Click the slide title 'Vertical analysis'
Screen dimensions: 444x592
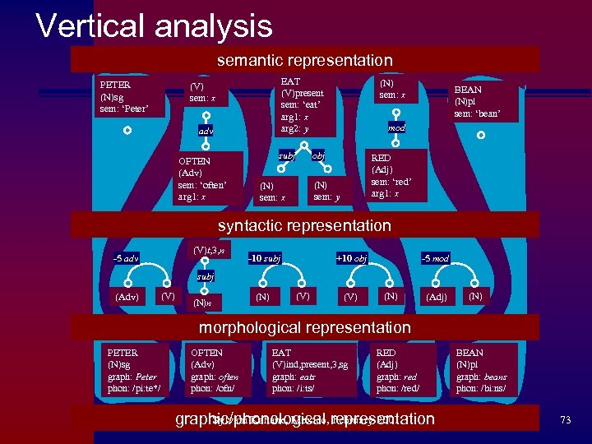(154, 25)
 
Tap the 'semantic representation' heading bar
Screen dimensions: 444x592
(304, 60)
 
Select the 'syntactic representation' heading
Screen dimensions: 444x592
(304, 224)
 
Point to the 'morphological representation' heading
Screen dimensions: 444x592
(304, 328)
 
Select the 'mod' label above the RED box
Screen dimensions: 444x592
(397, 128)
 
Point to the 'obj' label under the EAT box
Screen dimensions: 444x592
(318, 155)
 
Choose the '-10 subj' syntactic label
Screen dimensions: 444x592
(265, 259)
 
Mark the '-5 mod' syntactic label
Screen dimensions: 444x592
(435, 259)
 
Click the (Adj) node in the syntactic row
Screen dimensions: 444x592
(436, 296)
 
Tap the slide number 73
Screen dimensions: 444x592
(565, 419)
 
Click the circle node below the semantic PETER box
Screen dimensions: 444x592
(127, 130)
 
